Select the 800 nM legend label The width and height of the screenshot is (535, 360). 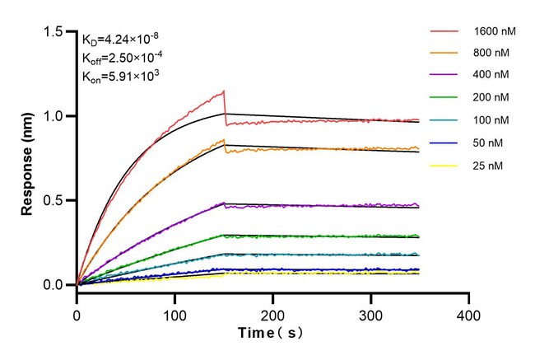pyautogui.click(x=491, y=54)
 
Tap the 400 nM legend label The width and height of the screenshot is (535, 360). pyautogui.click(x=491, y=76)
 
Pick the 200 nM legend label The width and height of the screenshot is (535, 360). pyautogui.click(x=491, y=98)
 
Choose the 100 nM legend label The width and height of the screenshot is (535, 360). pyautogui.click(x=491, y=120)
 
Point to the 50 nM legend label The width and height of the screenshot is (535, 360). pyautogui.click(x=489, y=143)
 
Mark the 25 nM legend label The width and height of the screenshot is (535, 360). pyautogui.click(x=489, y=165)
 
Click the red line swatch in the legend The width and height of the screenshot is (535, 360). pyautogui.click(x=443, y=32)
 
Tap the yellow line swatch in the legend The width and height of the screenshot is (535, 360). pyautogui.click(x=443, y=165)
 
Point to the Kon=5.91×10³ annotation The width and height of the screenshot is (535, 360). pyautogui.click(x=120, y=77)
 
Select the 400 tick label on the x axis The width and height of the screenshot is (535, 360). pyautogui.click(x=468, y=316)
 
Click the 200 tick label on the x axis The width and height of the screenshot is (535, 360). pyautogui.click(x=272, y=316)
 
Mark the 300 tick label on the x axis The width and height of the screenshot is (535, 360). pyautogui.click(x=370, y=316)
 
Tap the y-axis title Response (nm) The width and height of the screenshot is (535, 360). pyautogui.click(x=29, y=158)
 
